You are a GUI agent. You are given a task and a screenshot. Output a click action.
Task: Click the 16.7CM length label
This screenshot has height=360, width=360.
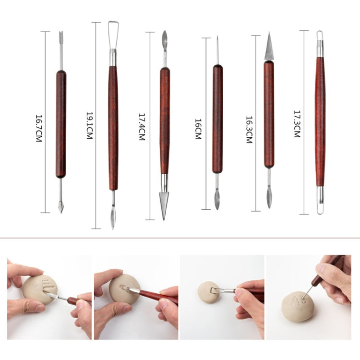point(39,128)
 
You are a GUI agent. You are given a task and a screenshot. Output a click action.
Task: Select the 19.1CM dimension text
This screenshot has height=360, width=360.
point(89,126)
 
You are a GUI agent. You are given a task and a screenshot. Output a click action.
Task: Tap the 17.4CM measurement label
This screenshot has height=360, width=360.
point(142,127)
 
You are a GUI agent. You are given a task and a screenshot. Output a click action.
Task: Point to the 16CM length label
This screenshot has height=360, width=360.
point(198,129)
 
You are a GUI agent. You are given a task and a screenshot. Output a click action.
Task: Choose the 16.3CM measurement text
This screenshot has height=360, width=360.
point(249,130)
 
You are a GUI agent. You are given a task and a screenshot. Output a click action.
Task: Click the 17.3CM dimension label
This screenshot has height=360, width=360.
point(297,124)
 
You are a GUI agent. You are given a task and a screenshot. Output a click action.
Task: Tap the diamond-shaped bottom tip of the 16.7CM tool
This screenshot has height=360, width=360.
point(61,207)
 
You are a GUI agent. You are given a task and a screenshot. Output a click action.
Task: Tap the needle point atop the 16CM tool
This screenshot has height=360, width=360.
point(217,50)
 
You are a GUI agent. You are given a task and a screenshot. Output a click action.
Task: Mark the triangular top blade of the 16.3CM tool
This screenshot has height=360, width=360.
point(269,48)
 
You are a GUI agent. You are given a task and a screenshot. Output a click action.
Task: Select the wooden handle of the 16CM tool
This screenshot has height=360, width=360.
point(217,119)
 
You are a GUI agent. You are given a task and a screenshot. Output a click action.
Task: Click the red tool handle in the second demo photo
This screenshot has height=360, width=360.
point(158,297)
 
